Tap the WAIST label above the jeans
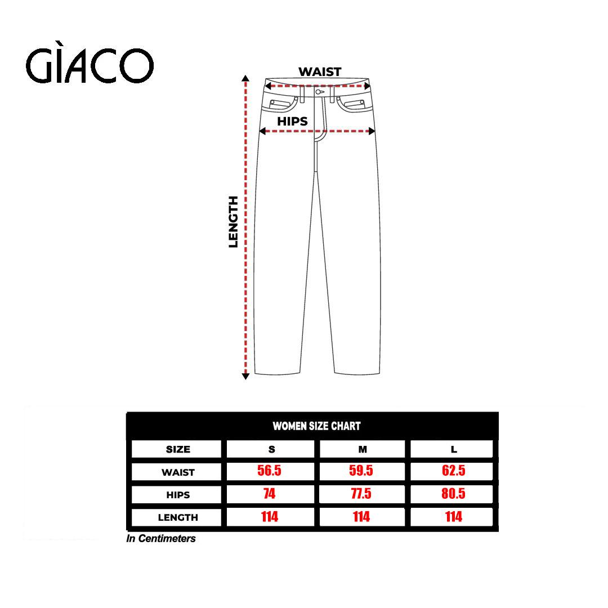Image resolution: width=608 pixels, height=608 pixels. tap(320, 71)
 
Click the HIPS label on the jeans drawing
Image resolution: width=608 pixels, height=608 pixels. tap(292, 122)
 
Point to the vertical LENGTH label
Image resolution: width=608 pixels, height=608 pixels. tap(233, 222)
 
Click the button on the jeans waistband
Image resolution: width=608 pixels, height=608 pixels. tap(318, 92)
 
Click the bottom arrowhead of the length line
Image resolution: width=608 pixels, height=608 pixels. tap(245, 376)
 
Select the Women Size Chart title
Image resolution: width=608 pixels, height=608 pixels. tap(316, 426)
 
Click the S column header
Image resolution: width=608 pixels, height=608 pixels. tap(271, 449)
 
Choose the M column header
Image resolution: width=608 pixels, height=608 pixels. tap(363, 449)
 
